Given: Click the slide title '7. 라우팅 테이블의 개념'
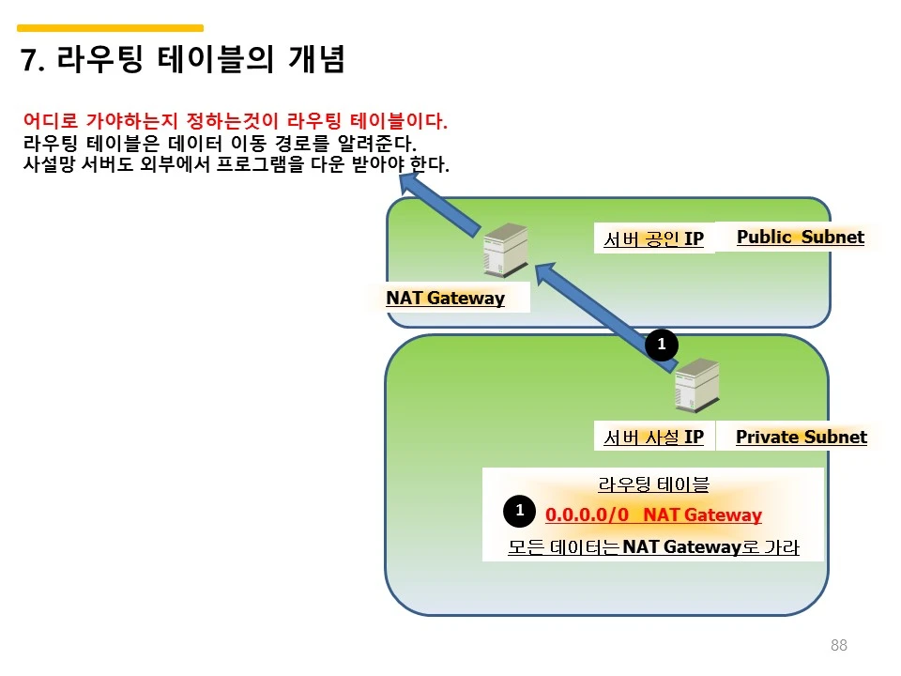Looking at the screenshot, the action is (182, 59).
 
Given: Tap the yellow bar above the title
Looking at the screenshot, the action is (111, 27).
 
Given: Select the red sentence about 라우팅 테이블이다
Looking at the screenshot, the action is (235, 121).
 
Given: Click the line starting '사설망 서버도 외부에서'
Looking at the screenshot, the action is (236, 164).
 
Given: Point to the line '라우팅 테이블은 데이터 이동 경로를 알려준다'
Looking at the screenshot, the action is (220, 143).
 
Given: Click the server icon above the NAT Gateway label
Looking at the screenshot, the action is (506, 250).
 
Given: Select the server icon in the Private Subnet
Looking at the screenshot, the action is (697, 385).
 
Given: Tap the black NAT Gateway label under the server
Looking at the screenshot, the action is (445, 298).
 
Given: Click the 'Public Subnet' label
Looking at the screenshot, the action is (801, 237).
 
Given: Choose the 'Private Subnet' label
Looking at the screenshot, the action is (801, 437).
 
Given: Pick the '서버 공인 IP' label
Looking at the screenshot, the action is (654, 238).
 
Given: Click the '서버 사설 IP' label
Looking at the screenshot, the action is (654, 438).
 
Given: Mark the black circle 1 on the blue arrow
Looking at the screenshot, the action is (662, 345).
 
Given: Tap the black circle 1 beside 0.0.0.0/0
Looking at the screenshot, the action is (519, 511).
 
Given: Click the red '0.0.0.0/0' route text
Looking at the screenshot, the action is (587, 515).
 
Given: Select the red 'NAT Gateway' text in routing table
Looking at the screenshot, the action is (702, 515).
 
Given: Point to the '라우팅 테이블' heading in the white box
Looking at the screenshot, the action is (653, 484).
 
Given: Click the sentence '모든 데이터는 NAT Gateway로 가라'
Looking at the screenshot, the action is (653, 546).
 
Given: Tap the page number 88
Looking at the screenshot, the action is (839, 645).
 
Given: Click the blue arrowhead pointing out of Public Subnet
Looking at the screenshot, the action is (409, 183).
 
